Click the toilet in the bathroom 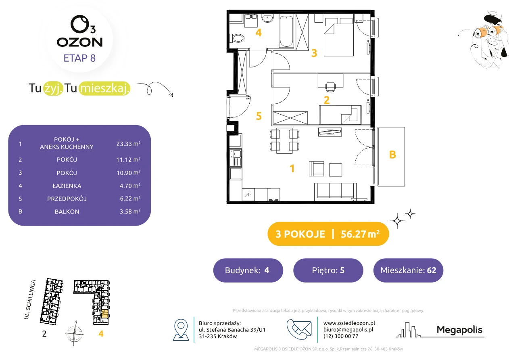coord(236,38)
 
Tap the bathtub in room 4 coord(286,31)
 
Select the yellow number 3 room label coord(314,53)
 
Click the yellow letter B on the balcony coord(392,155)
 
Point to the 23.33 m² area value coord(128,144)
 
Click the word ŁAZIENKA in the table coord(67,186)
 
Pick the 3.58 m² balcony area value coord(130,211)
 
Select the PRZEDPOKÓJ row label coord(67,199)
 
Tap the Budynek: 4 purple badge coord(248,270)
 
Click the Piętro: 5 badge coord(328,270)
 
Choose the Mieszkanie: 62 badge coord(408,270)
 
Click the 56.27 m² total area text coord(360,234)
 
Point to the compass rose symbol coord(75,333)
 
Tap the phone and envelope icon coord(299,329)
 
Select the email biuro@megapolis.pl coord(348,329)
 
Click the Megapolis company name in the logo coord(459,330)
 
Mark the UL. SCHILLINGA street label coord(30,299)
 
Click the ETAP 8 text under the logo coord(79,58)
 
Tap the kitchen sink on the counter coord(236,154)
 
